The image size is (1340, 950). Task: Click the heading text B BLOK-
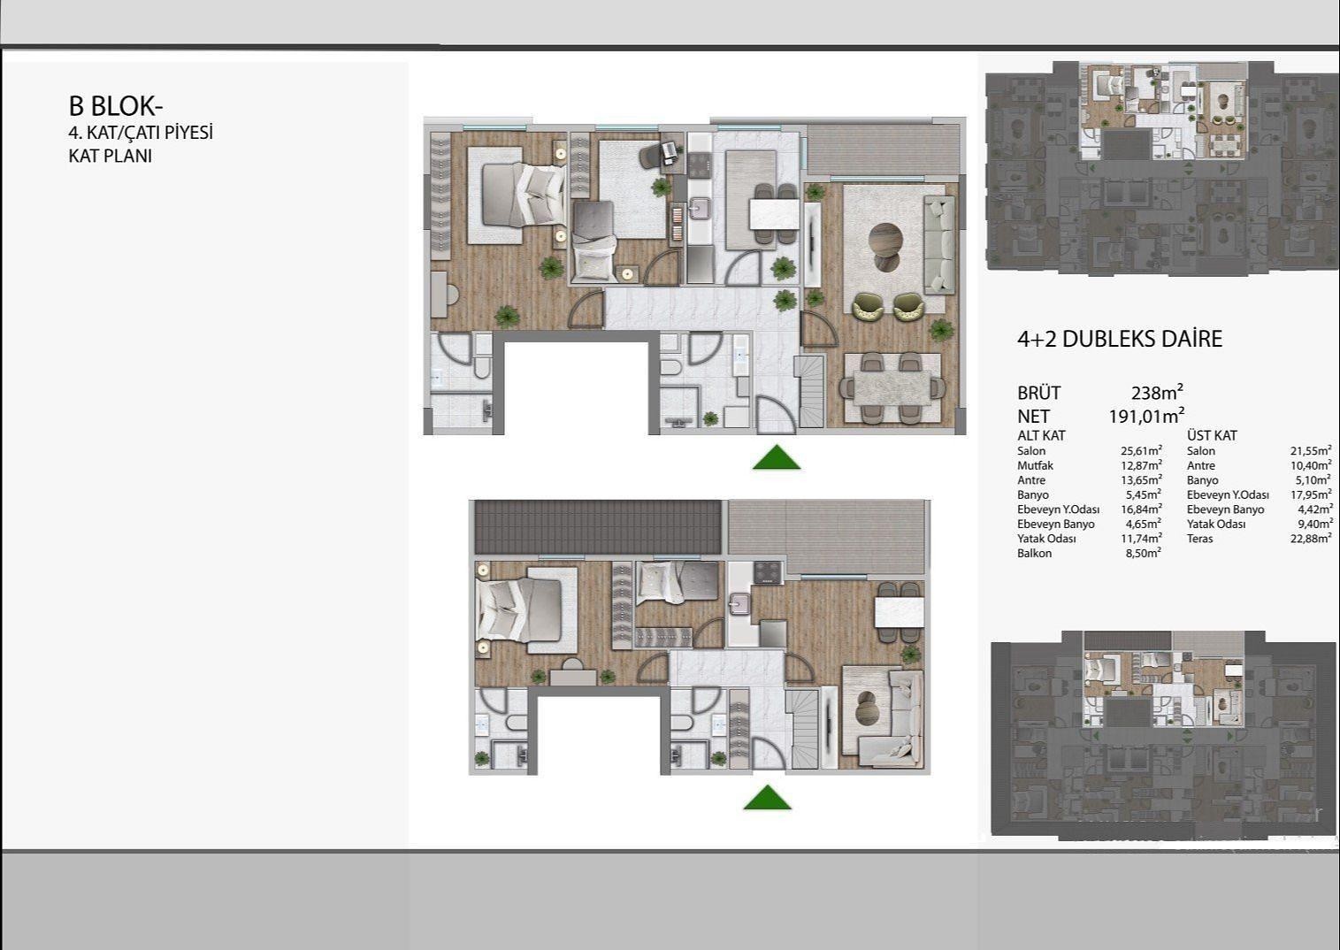(116, 106)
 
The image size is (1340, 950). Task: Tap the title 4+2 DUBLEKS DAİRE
(1119, 339)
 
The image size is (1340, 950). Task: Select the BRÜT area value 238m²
(1157, 393)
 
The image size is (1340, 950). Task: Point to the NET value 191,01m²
(1146, 416)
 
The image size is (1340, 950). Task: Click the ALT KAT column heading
(1041, 435)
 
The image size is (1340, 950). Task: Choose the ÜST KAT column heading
(1212, 435)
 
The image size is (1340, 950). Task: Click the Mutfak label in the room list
(1035, 465)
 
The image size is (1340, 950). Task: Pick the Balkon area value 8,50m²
(1143, 553)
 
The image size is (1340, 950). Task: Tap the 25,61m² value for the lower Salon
(1141, 450)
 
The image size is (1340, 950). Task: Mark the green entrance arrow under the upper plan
(777, 457)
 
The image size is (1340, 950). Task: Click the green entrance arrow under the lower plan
(768, 798)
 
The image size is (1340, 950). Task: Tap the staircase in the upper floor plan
(811, 392)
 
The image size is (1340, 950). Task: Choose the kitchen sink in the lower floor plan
(740, 604)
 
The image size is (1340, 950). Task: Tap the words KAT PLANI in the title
(110, 157)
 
